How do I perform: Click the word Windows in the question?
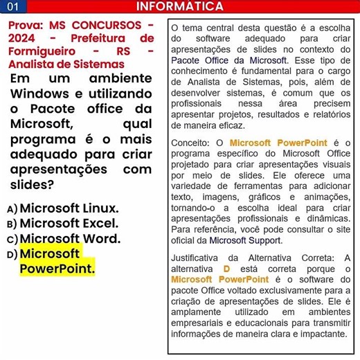39,93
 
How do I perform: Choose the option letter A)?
12,209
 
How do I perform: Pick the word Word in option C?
101,240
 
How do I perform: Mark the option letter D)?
12,255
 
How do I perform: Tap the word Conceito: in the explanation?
191,143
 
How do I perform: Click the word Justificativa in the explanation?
200,258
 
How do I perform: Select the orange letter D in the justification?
226,269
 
